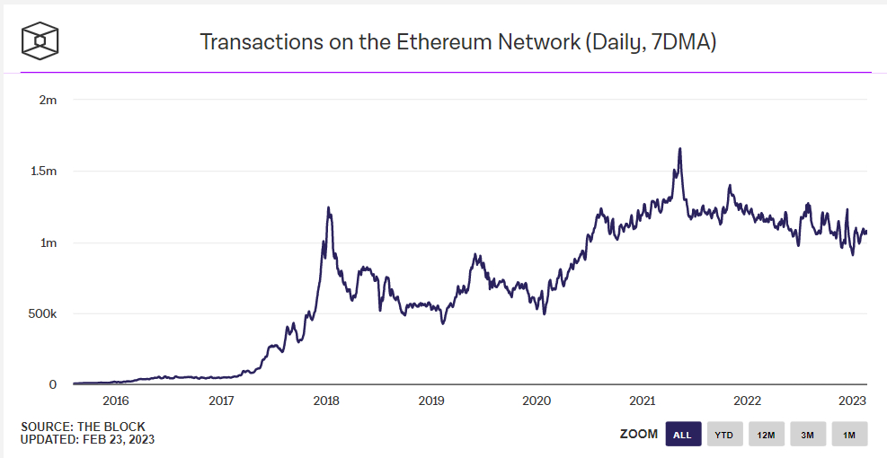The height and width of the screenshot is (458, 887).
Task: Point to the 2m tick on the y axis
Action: point(48,100)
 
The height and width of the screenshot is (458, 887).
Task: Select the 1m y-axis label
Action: point(48,242)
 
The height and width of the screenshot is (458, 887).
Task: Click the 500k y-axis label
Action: point(41,313)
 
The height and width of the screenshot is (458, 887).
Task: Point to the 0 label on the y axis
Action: point(53,384)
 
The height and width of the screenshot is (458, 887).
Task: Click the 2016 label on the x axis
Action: point(116,401)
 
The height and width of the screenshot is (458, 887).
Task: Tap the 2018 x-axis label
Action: point(326,401)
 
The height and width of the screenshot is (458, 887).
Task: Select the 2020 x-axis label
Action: point(537,401)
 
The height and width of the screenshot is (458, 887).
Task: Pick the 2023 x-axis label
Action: point(852,401)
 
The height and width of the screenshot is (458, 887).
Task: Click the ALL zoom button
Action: point(682,435)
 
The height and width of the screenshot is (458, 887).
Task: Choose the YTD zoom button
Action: point(723,435)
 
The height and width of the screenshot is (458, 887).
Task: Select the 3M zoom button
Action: point(808,435)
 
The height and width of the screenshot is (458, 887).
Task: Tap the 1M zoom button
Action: point(849,435)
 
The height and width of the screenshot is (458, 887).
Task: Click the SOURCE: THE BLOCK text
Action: point(83,427)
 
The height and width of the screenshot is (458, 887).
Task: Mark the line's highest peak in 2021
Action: point(679,149)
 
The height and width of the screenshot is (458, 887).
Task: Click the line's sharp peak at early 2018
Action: point(328,208)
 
